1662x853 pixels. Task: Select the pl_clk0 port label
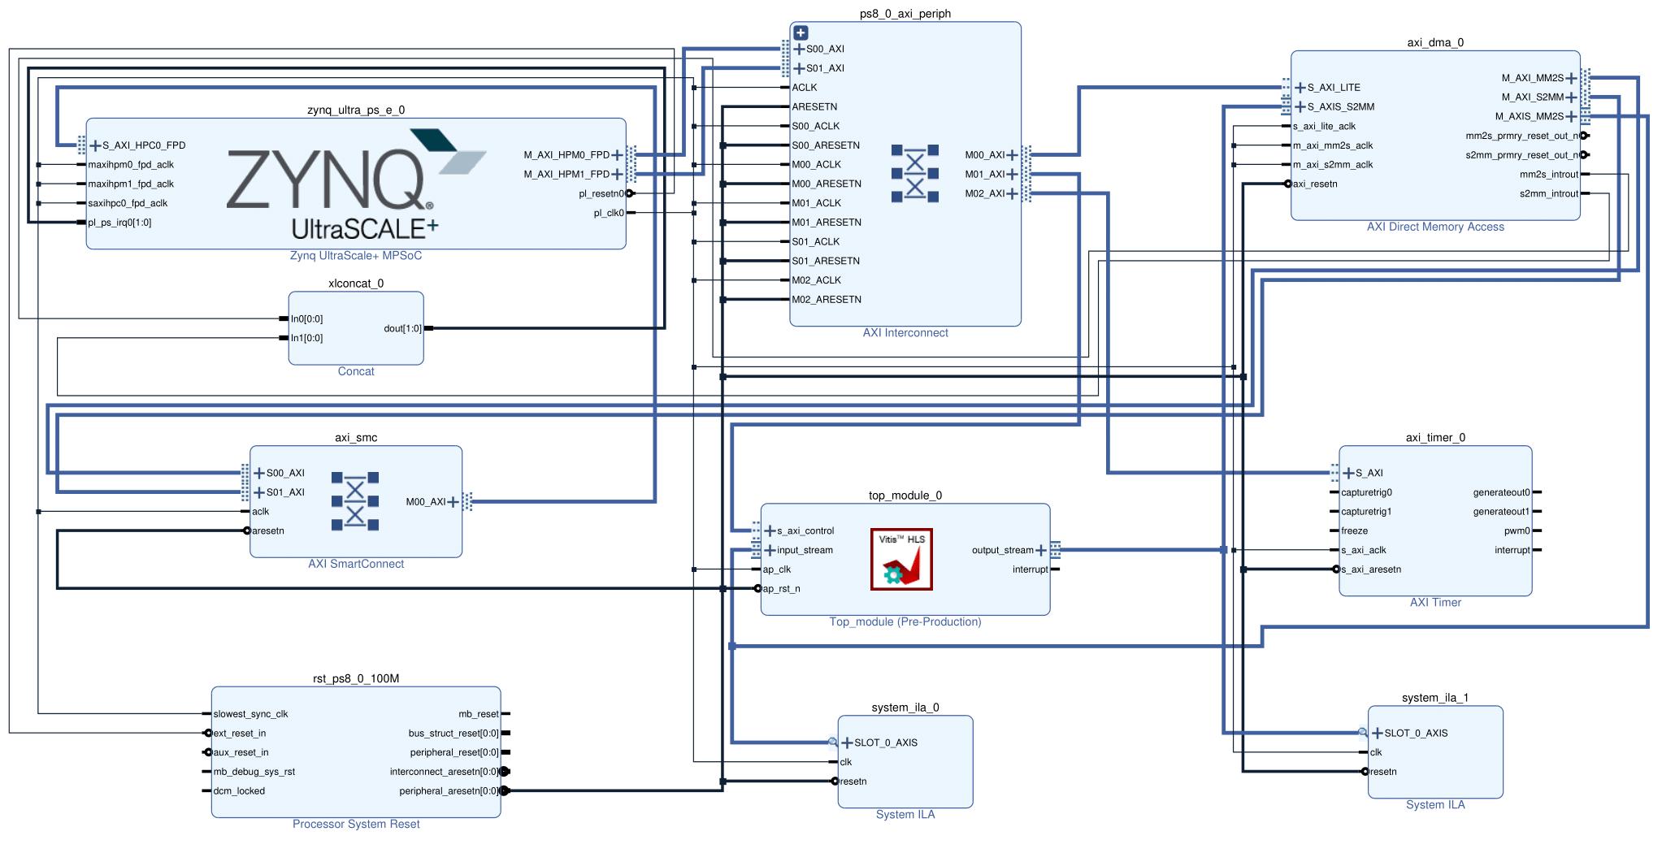coord(609,213)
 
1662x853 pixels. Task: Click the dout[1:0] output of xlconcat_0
coord(402,328)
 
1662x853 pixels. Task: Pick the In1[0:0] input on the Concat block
coord(306,338)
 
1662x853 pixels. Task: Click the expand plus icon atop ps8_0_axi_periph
coord(801,33)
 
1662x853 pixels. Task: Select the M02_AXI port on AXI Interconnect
coord(985,193)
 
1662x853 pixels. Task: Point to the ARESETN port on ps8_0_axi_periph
coord(814,106)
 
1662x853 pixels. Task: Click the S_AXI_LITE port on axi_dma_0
coord(1333,88)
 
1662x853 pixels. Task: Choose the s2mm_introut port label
coord(1548,193)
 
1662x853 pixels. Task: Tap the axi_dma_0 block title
coord(1434,42)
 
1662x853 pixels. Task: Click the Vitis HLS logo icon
coord(901,560)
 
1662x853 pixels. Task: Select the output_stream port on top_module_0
coord(1002,550)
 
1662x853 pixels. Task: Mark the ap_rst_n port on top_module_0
coord(781,589)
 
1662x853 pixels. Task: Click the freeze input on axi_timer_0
coord(1354,530)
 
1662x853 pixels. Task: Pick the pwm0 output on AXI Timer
coord(1517,530)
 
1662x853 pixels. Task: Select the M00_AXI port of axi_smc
coord(426,502)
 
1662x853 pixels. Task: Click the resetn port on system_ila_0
coord(853,782)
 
